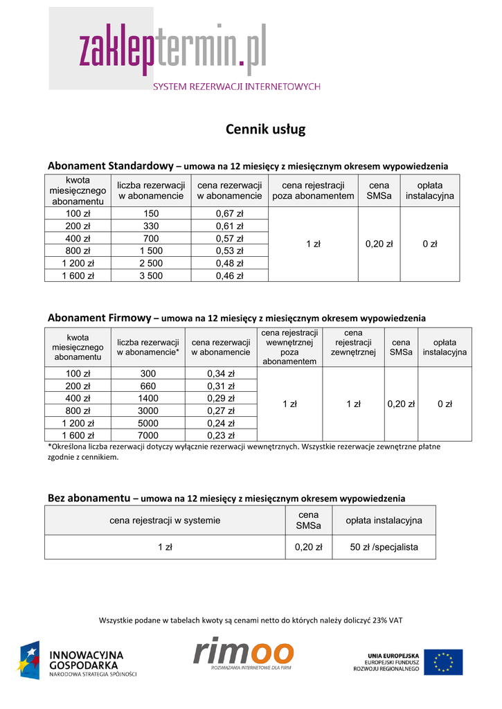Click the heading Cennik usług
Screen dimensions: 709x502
(265, 129)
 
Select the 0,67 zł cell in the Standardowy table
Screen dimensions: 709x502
(229, 214)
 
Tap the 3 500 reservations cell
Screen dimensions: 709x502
(151, 276)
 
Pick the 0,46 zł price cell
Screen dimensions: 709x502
(229, 276)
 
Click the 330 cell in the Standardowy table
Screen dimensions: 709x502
(151, 226)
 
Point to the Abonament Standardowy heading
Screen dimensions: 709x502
(110, 165)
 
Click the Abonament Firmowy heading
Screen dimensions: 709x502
(99, 318)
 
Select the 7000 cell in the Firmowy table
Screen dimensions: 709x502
(147, 436)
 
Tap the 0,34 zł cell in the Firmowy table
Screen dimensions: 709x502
(221, 374)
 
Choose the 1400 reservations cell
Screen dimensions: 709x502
(147, 398)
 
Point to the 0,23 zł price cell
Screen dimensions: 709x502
(221, 436)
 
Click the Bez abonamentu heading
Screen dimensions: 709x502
(89, 498)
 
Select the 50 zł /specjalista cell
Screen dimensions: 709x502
(384, 547)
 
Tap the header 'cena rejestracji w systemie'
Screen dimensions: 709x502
(165, 520)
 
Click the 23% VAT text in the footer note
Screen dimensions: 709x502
(388, 620)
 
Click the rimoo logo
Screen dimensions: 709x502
(244, 655)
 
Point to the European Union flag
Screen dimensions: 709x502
(443, 661)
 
